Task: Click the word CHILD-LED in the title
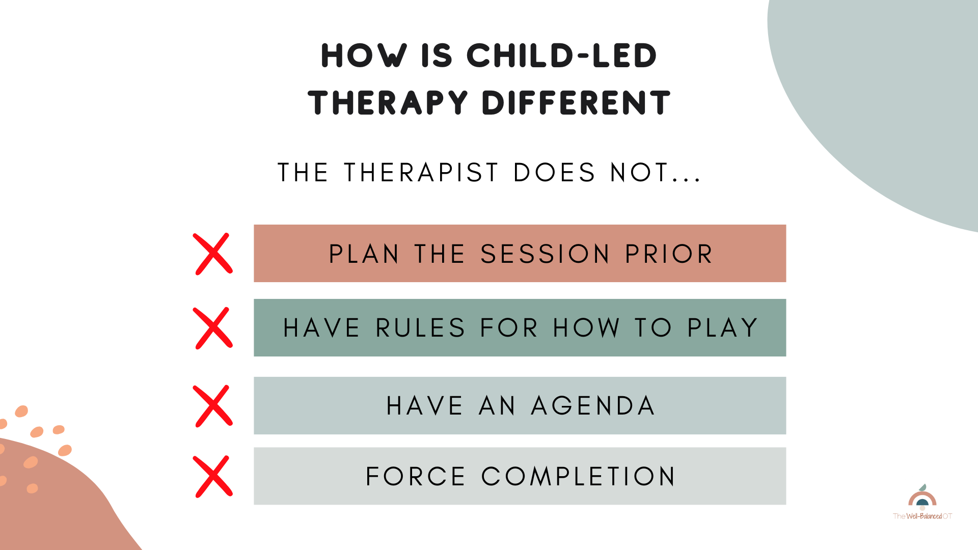[x=561, y=56]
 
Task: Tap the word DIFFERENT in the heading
[x=576, y=102]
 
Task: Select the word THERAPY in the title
[x=388, y=102]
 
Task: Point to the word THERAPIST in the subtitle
[x=421, y=172]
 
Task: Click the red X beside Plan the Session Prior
[x=213, y=254]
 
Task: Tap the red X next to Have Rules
[x=213, y=328]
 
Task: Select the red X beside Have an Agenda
[x=213, y=406]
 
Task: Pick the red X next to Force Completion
[x=213, y=477]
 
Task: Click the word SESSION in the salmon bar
[x=545, y=254]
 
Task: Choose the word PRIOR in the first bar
[x=669, y=254]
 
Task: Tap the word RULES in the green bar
[x=420, y=328]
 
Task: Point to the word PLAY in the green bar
[x=722, y=328]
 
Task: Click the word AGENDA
[x=593, y=406]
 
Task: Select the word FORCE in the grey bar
[x=416, y=477]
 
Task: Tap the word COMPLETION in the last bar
[x=578, y=477]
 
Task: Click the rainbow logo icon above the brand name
[x=922, y=498]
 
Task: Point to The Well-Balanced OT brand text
[x=922, y=516]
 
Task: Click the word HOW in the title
[x=364, y=56]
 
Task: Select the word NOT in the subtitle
[x=639, y=172]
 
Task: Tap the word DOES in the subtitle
[x=554, y=172]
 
